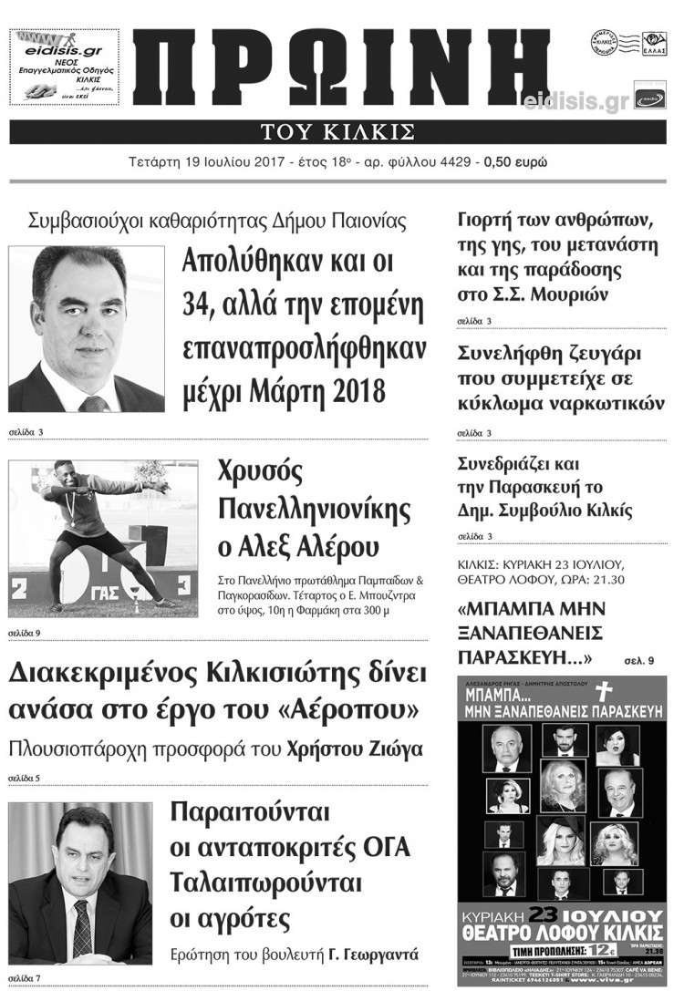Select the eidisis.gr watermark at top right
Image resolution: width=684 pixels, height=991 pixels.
pyautogui.click(x=576, y=101)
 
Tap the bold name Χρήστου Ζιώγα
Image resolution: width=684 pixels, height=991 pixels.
pyautogui.click(x=362, y=750)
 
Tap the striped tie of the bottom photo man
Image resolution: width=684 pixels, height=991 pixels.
pyautogui.click(x=82, y=925)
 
